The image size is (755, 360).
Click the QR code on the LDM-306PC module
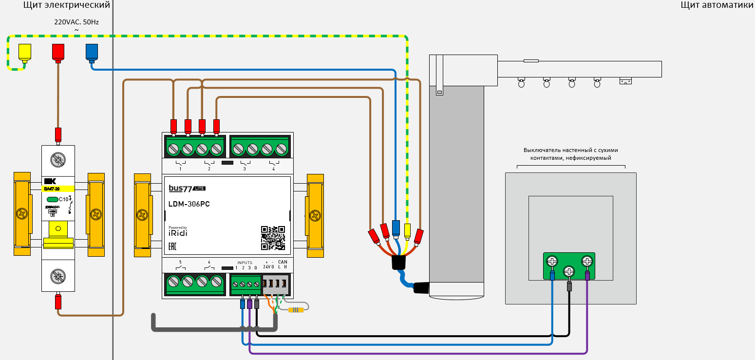tap(273, 238)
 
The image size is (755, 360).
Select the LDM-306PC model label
tap(189, 204)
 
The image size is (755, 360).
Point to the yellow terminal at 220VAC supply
tap(24, 51)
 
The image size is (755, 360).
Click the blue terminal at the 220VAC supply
tap(92, 52)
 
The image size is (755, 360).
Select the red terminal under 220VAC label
tap(58, 52)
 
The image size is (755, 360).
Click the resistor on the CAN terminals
tap(296, 309)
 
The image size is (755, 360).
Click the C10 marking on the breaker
tap(63, 199)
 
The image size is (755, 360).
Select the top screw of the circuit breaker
tap(58, 159)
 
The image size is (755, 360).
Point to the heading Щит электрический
tap(67, 5)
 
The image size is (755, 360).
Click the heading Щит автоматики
tap(717, 5)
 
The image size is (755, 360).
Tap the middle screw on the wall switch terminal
tap(569, 271)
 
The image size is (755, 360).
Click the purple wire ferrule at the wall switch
tap(587, 277)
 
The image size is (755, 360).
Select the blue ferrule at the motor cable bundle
tap(396, 227)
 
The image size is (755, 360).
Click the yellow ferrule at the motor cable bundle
tap(408, 229)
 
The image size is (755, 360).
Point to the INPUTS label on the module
tap(245, 263)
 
